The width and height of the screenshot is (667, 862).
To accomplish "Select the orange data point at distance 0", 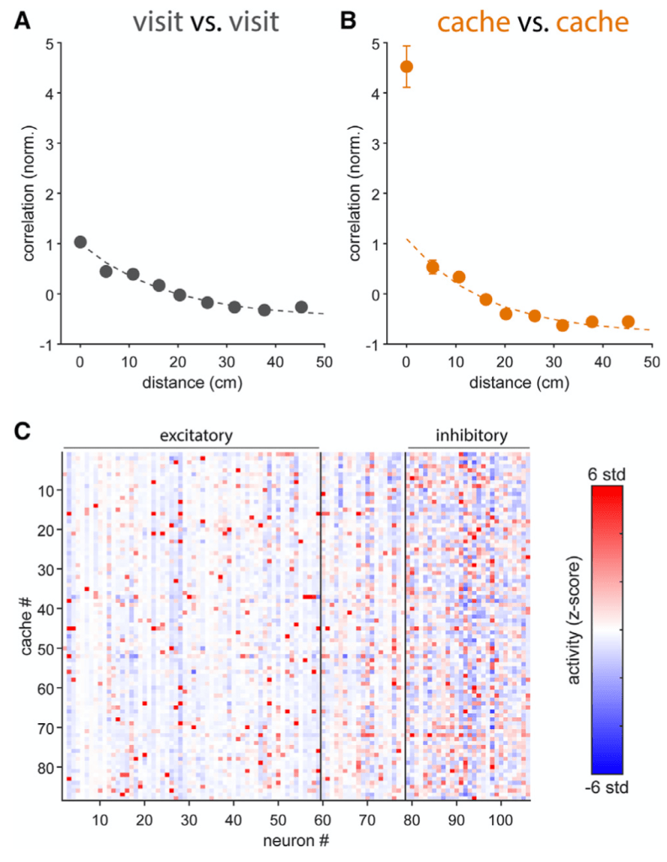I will (x=406, y=67).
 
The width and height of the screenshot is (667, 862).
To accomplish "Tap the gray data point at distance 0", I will (x=81, y=242).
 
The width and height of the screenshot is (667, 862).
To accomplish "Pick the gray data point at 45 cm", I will (x=301, y=307).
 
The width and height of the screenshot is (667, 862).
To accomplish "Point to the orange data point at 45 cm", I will (x=627, y=322).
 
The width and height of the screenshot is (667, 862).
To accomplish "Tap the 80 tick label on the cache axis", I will (x=47, y=768).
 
